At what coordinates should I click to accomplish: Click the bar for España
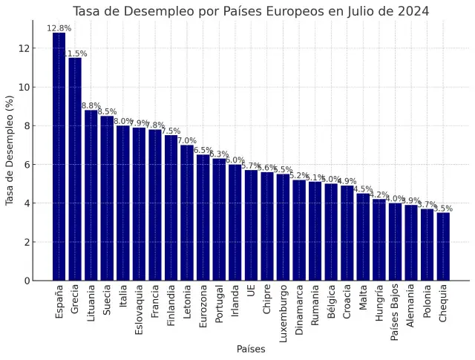[59, 157]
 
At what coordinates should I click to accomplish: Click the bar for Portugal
[219, 220]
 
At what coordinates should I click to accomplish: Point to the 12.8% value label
[59, 28]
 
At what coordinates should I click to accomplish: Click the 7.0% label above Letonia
[187, 140]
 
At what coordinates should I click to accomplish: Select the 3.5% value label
[443, 209]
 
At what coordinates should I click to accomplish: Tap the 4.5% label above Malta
[363, 189]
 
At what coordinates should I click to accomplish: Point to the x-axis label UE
[251, 292]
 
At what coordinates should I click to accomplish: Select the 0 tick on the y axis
[27, 281]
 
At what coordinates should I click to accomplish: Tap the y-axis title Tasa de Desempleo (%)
[10, 150]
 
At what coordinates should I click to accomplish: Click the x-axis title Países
[251, 349]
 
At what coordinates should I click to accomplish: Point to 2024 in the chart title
[413, 11]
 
